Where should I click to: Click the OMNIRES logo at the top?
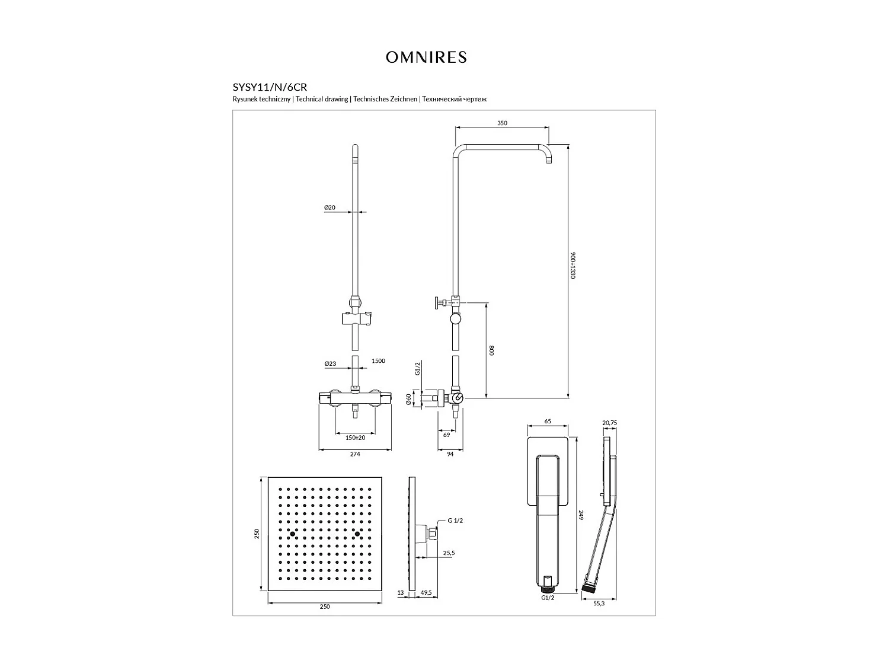pyautogui.click(x=426, y=57)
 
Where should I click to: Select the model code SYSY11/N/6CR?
pyautogui.click(x=270, y=87)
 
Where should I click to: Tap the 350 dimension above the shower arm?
pyautogui.click(x=502, y=123)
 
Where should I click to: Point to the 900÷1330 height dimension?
pyautogui.click(x=573, y=265)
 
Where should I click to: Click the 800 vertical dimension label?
pyautogui.click(x=491, y=350)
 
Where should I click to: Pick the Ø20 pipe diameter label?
pyautogui.click(x=330, y=208)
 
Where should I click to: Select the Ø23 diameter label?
pyautogui.click(x=330, y=363)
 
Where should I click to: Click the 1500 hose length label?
pyautogui.click(x=378, y=360)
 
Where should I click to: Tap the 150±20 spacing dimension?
pyautogui.click(x=355, y=437)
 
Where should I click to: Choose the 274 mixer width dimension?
pyautogui.click(x=355, y=454)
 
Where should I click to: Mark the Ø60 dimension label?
pyautogui.click(x=409, y=400)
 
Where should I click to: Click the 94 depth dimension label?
pyautogui.click(x=450, y=454)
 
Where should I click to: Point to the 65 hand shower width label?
pyautogui.click(x=548, y=422)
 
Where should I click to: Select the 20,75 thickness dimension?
pyautogui.click(x=610, y=422)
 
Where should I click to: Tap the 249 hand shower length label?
pyautogui.click(x=581, y=515)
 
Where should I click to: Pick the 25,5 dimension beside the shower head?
pyautogui.click(x=449, y=553)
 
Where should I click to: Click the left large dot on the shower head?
pyautogui.click(x=293, y=534)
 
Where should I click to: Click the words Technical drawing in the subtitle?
pyautogui.click(x=322, y=99)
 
